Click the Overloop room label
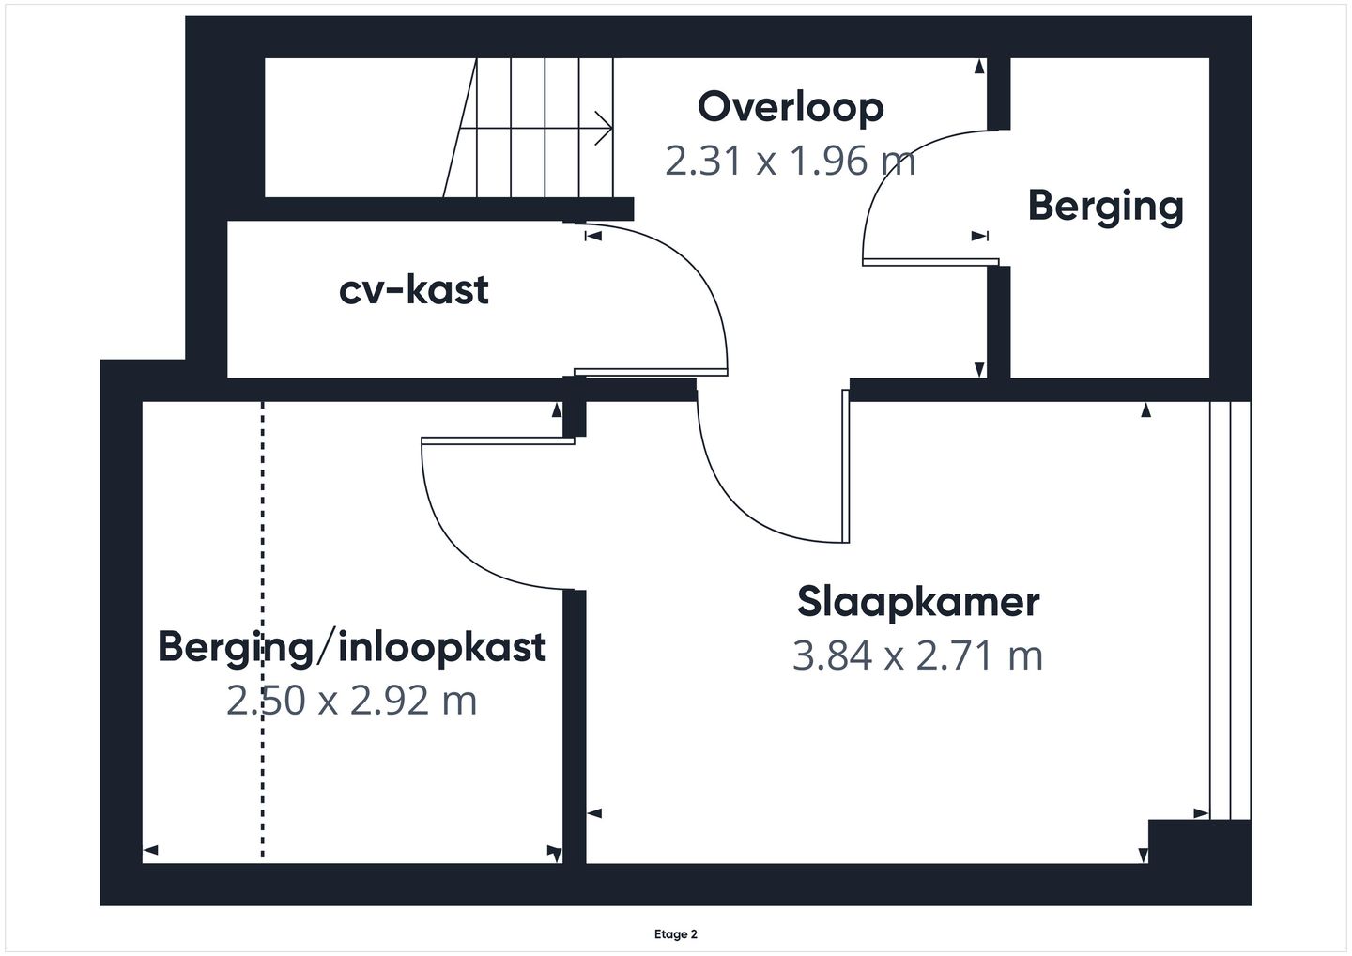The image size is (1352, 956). [791, 107]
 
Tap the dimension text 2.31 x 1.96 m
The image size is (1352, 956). [791, 162]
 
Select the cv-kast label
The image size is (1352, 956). [413, 290]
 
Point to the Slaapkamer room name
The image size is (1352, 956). [918, 602]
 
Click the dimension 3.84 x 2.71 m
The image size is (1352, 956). [917, 655]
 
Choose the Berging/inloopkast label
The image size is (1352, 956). [352, 648]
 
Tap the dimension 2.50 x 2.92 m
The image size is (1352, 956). [352, 701]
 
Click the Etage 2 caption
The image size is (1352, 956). [675, 934]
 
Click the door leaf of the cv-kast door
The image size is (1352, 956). [651, 372]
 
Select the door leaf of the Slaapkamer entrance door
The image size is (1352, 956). [846, 466]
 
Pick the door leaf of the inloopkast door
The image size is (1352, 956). [498, 441]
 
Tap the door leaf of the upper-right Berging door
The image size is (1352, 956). [930, 262]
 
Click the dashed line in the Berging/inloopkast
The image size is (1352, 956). [263, 629]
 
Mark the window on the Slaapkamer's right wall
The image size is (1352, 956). [1230, 610]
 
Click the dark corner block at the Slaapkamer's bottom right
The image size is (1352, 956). [1199, 841]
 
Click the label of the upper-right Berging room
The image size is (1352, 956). [1106, 207]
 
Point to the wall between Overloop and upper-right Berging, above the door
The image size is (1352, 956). [999, 94]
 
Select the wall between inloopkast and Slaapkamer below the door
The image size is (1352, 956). [575, 727]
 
